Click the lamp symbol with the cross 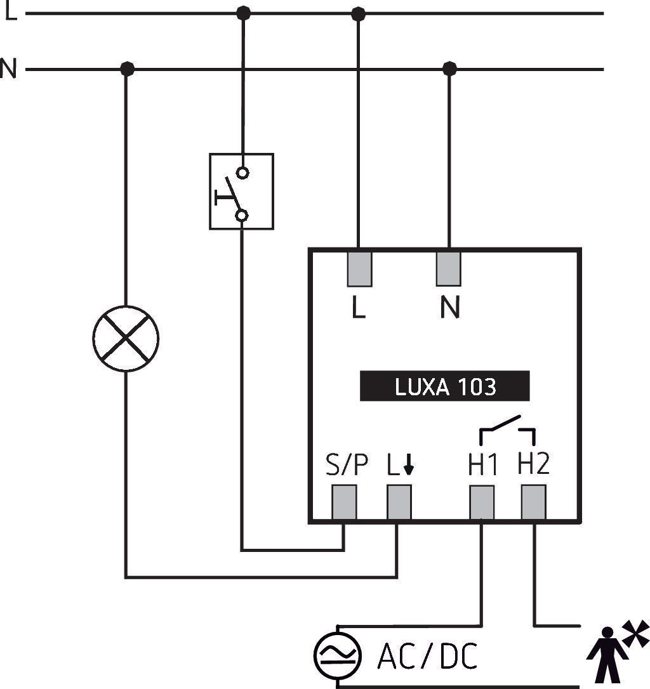[126, 338]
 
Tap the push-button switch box [241, 192]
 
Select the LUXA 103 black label [444, 386]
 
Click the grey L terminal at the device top [360, 269]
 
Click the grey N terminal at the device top [449, 269]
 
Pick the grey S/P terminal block [344, 502]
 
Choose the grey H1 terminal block [482, 502]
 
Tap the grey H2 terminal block [533, 502]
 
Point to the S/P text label [347, 464]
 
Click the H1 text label [482, 464]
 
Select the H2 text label [533, 463]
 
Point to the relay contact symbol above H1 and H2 [507, 430]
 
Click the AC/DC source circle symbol [337, 655]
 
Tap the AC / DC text [427, 656]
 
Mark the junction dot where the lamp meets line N [127, 69]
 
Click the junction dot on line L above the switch [243, 13]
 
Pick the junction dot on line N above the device [449, 69]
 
